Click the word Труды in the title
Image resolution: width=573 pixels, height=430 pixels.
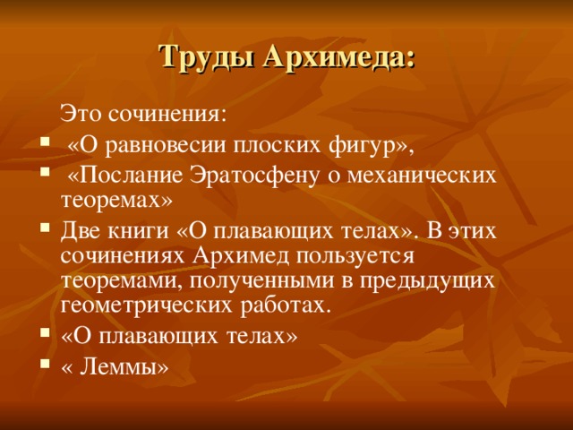[x=207, y=57]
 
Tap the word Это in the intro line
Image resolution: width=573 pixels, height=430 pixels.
[x=81, y=114]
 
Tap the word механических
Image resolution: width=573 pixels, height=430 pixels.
[x=422, y=176]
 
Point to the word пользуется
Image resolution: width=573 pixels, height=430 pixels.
[x=355, y=257]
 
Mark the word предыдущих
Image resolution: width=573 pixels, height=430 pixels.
[x=427, y=282]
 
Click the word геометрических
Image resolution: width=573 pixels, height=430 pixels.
[x=147, y=305]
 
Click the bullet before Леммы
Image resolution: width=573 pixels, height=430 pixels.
[x=45, y=365]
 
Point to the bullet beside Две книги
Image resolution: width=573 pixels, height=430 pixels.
[x=45, y=228]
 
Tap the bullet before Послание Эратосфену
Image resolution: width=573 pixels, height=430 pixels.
[x=45, y=172]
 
